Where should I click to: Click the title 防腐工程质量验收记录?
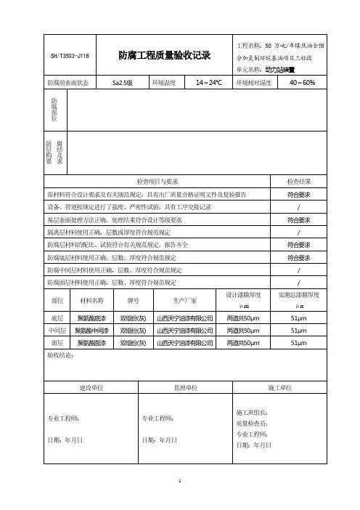tap(164, 54)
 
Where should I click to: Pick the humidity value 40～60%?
tap(301, 83)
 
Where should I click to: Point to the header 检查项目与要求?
tap(157, 180)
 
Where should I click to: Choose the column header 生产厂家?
tap(184, 299)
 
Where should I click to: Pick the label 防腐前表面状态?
tap(67, 83)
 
